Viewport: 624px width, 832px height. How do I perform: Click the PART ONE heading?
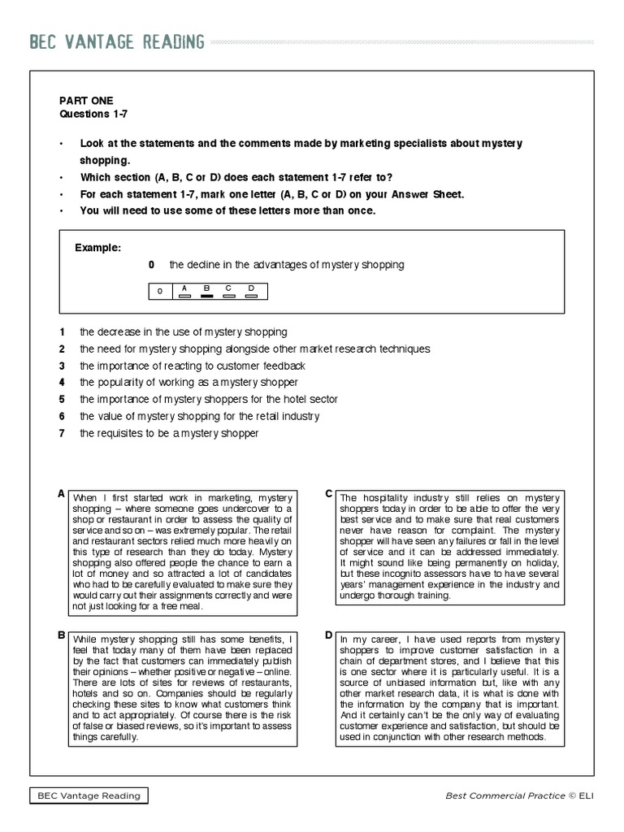click(80, 100)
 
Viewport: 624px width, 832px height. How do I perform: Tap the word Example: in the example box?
click(97, 247)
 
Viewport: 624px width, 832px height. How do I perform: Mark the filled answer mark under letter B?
click(206, 296)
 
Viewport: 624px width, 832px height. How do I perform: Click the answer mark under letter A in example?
click(184, 296)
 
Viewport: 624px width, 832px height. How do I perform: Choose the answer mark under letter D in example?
click(251, 296)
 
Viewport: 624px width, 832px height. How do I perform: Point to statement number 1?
click(61, 332)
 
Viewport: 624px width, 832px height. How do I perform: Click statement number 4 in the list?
click(61, 382)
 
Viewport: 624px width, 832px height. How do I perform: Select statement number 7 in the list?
click(61, 433)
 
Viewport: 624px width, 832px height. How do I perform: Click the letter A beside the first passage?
click(61, 493)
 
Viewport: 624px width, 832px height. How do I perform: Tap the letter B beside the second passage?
click(61, 635)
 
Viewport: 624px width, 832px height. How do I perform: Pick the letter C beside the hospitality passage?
click(329, 493)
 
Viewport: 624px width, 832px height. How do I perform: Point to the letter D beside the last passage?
click(329, 635)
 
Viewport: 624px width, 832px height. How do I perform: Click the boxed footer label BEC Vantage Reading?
click(89, 795)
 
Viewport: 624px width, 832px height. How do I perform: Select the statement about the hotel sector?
click(208, 399)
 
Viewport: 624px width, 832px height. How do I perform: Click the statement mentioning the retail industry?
click(199, 416)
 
